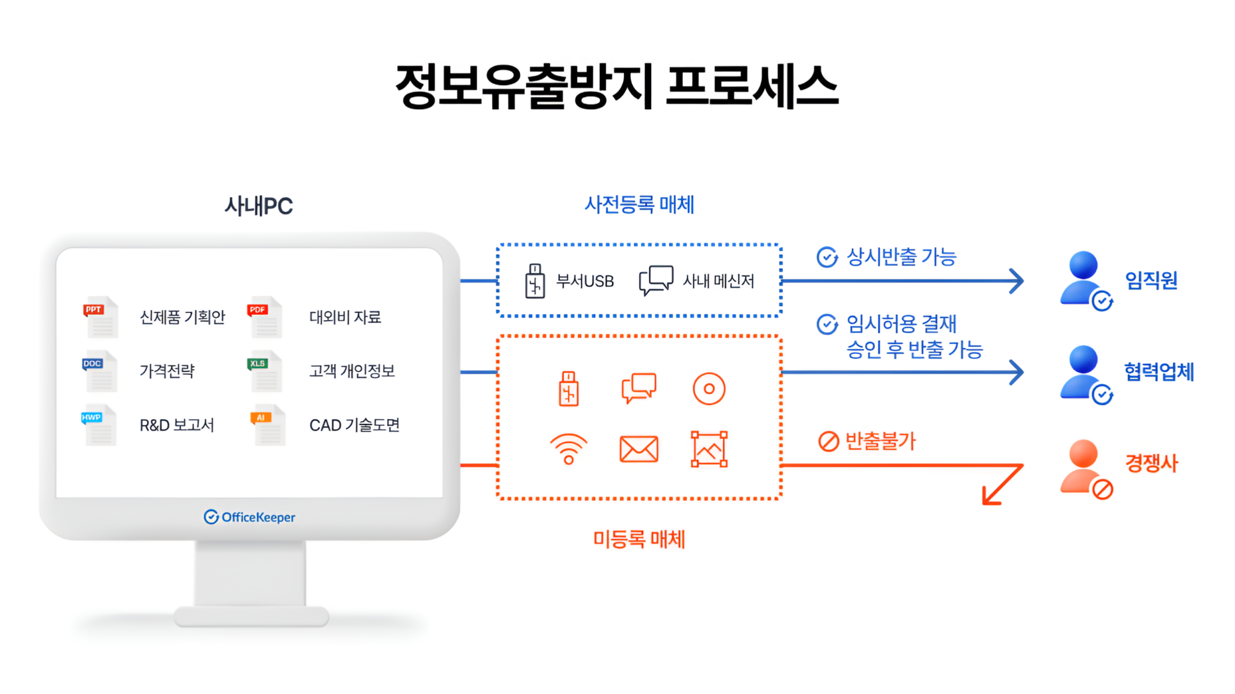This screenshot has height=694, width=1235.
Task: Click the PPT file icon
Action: click(100, 317)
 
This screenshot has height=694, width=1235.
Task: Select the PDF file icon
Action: click(265, 317)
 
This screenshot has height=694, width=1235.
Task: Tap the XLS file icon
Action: click(265, 371)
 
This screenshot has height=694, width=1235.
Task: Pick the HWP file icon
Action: click(99, 424)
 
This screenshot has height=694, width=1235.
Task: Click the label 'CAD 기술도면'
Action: click(354, 425)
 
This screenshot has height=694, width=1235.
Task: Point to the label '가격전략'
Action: click(167, 371)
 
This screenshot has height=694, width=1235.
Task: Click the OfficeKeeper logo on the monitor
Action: click(250, 517)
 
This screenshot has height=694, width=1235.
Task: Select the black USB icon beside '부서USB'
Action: click(535, 281)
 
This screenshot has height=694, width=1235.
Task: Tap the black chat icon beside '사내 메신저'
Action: click(656, 280)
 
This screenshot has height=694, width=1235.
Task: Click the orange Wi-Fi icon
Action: click(568, 449)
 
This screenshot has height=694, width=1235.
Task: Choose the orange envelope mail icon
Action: click(639, 449)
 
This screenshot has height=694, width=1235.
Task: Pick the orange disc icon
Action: click(709, 389)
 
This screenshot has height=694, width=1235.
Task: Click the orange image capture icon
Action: click(709, 449)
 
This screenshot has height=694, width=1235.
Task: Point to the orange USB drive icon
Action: click(568, 389)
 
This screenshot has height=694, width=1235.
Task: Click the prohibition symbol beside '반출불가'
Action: click(828, 441)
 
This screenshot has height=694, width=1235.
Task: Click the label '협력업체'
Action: click(1158, 371)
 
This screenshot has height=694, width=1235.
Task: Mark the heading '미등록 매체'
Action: click(639, 539)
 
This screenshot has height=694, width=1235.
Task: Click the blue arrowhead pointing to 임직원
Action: click(1017, 281)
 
